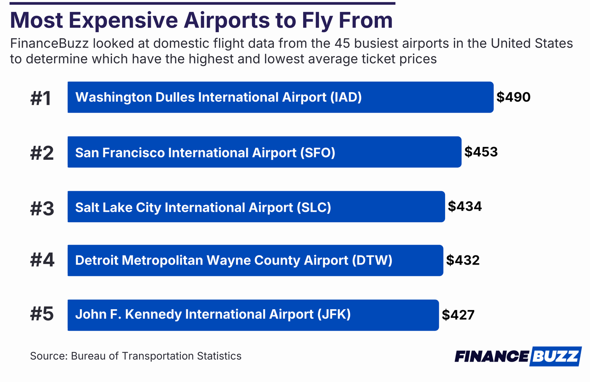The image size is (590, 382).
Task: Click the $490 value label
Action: click(513, 97)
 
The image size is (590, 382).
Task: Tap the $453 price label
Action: click(481, 152)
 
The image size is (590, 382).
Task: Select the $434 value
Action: click(465, 206)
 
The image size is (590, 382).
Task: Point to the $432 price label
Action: click(463, 260)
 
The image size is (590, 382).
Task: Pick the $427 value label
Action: click(458, 315)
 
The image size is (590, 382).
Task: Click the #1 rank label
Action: click(41, 99)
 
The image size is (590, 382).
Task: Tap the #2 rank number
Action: click(42, 153)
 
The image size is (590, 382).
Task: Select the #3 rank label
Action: click(42, 209)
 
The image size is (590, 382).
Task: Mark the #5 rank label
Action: click(42, 314)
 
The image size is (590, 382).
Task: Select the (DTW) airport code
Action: click(372, 260)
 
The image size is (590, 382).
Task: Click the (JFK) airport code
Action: click(334, 314)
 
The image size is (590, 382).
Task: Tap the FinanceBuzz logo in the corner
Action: click(518, 356)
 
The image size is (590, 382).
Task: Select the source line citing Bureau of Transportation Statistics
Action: click(136, 356)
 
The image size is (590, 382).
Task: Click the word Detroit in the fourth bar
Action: click(96, 260)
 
